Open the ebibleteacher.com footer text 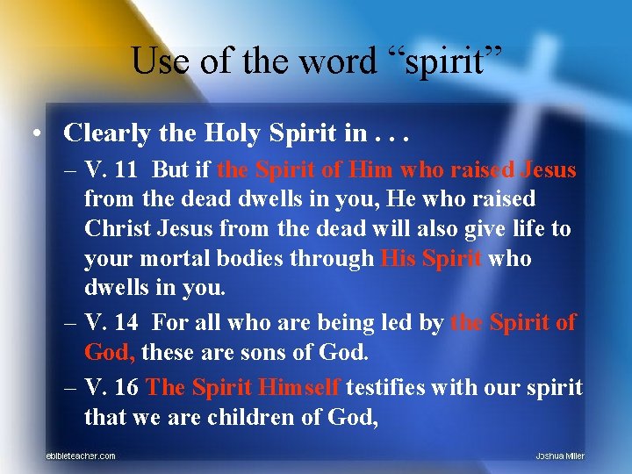coord(81,456)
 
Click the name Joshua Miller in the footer coord(560,456)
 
